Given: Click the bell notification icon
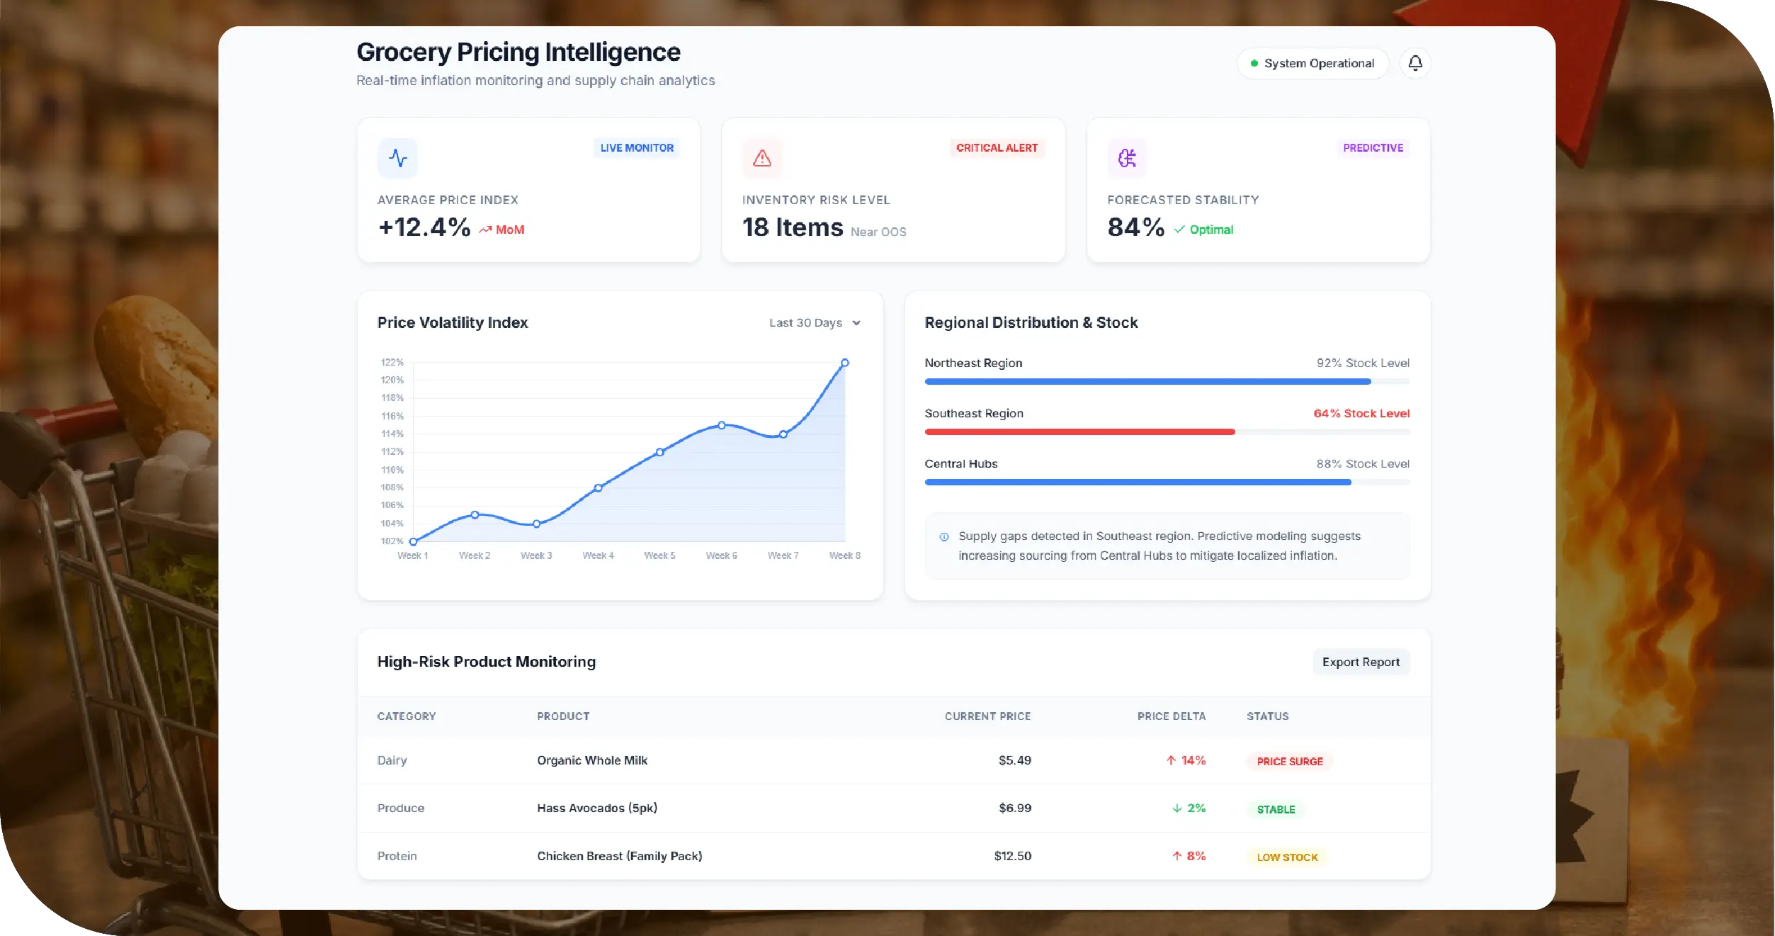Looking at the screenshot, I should [x=1414, y=63].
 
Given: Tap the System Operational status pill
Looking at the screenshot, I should [x=1312, y=63].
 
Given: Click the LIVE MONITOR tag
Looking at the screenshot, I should [x=636, y=147].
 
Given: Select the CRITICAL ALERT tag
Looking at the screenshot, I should [x=996, y=147].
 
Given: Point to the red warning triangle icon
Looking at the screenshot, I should [x=761, y=158].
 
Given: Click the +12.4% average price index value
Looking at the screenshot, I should [x=424, y=227].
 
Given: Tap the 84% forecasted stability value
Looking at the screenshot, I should [x=1135, y=227].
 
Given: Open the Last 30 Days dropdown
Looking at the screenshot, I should [x=815, y=322].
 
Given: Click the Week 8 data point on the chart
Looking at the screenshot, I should [x=844, y=363].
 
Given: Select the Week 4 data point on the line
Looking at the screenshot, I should [x=598, y=487].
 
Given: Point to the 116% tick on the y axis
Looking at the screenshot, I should [x=392, y=416].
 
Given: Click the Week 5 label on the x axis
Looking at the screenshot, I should [x=659, y=556].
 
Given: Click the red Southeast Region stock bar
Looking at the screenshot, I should [x=1079, y=432].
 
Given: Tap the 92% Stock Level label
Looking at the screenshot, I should [x=1362, y=363].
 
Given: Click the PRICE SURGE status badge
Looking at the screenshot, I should [x=1289, y=761].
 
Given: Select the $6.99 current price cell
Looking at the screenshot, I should [x=1014, y=808].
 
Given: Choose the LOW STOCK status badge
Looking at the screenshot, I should [x=1286, y=857].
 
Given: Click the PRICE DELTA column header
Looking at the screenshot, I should [x=1171, y=716].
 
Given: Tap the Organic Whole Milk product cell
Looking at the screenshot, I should [x=591, y=760].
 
